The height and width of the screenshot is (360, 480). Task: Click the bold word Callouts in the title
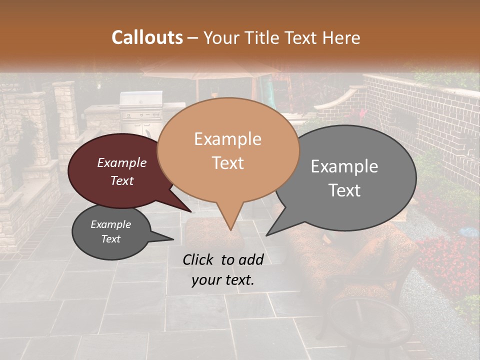[147, 37]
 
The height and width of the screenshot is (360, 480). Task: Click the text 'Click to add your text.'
[222, 270]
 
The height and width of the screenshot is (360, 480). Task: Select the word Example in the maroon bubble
[122, 162]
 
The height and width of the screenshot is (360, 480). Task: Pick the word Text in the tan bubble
[228, 163]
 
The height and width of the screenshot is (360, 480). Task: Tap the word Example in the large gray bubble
[344, 166]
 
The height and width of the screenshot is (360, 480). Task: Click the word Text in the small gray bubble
[111, 239]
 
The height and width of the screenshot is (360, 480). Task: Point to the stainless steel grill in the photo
[141, 107]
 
